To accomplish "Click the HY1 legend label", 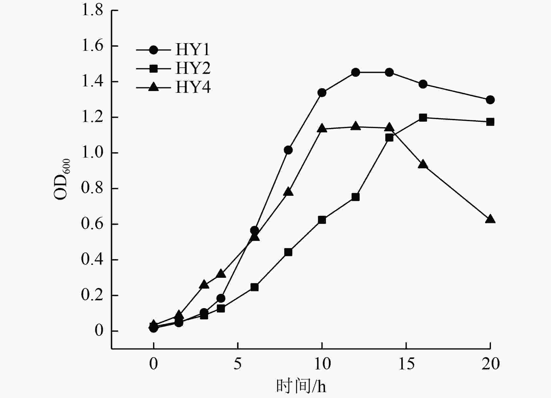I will [193, 50].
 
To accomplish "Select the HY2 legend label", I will [193, 69].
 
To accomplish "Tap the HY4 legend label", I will [193, 87].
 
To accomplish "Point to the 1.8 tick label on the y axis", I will [92, 10].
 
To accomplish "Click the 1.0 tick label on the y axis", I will [92, 153].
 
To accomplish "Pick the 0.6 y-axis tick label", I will [92, 224].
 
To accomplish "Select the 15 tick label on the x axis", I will [406, 364].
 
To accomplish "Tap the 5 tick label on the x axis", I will [238, 364].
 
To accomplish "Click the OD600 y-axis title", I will [62, 179].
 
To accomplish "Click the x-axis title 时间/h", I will [301, 386].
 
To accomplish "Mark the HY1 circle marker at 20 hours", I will [490, 100].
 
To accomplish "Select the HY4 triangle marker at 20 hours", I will [490, 219].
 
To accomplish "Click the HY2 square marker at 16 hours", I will [423, 118].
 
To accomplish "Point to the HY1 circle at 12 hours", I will [356, 72].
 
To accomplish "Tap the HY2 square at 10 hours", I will [322, 220].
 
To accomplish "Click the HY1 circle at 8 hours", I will [288, 150].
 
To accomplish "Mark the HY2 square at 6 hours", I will [255, 287].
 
